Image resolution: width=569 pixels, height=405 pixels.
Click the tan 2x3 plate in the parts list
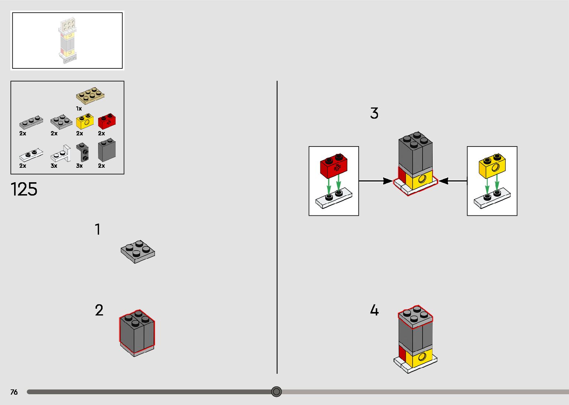(90, 95)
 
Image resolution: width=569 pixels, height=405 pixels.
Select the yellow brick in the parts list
(85, 121)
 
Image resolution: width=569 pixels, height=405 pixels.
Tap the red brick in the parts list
(107, 121)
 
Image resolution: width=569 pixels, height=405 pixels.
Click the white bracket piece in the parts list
(62, 153)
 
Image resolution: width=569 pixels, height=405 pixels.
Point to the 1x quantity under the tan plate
(79, 109)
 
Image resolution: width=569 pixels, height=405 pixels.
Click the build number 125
(24, 189)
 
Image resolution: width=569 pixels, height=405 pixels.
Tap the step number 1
(98, 229)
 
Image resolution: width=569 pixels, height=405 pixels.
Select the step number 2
(99, 310)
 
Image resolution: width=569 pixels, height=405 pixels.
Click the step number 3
(374, 113)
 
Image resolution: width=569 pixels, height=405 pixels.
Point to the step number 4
(374, 310)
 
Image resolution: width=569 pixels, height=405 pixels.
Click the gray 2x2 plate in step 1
(138, 251)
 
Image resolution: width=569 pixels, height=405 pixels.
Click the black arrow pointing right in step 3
(375, 181)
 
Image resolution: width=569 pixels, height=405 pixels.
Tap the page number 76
(14, 392)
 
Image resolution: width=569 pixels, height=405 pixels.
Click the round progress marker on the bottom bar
(276, 392)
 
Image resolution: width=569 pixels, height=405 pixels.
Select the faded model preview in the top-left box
(68, 41)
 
